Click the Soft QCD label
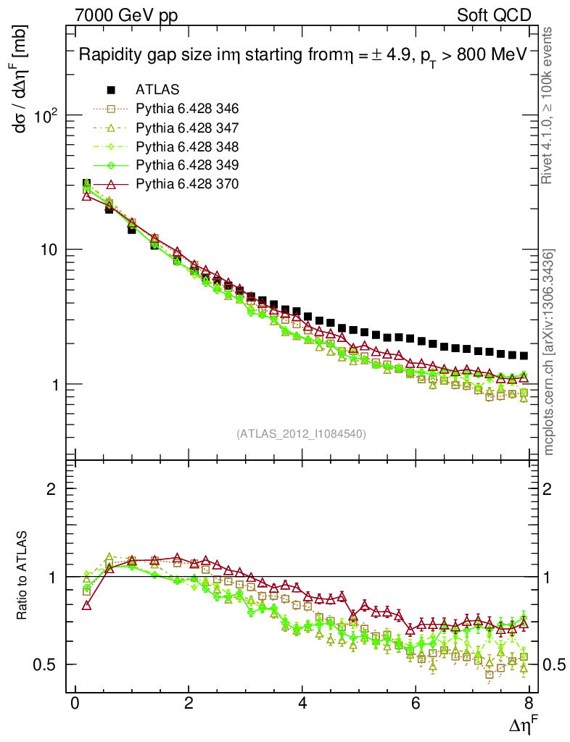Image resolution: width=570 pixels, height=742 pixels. [x=494, y=15]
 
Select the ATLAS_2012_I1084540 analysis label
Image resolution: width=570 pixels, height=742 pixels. [x=301, y=434]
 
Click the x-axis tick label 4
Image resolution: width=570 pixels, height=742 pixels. [x=302, y=704]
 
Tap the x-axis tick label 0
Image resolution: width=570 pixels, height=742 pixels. [x=75, y=704]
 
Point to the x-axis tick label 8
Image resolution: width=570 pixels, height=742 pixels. [x=529, y=704]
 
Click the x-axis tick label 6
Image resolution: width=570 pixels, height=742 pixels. [x=416, y=704]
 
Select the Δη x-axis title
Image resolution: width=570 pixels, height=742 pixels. [x=521, y=722]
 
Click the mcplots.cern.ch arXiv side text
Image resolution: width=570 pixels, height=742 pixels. [x=549, y=352]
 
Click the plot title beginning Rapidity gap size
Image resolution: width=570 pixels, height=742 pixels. [x=302, y=56]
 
